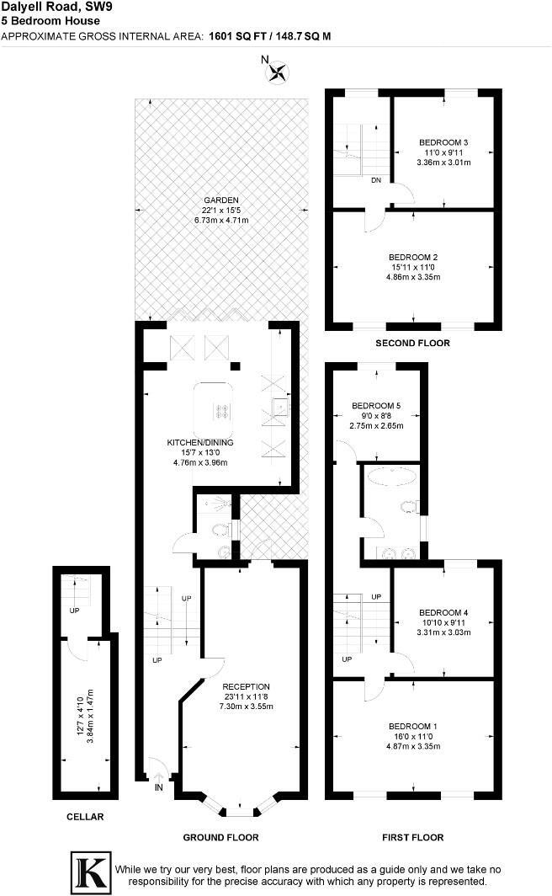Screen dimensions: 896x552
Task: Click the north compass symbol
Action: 275,72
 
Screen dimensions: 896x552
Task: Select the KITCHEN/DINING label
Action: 199,442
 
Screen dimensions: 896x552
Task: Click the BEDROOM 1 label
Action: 413,726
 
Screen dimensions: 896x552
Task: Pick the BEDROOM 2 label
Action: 413,256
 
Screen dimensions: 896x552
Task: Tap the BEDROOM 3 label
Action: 443,142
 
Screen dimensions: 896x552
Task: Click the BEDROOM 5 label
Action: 376,406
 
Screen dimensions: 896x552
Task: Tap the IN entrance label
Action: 159,787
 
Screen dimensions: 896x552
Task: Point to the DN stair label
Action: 377,179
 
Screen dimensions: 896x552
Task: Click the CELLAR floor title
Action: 84,817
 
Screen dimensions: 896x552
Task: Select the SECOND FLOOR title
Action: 412,343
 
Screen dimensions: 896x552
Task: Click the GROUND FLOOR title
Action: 220,837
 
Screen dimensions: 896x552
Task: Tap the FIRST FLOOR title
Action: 412,837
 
